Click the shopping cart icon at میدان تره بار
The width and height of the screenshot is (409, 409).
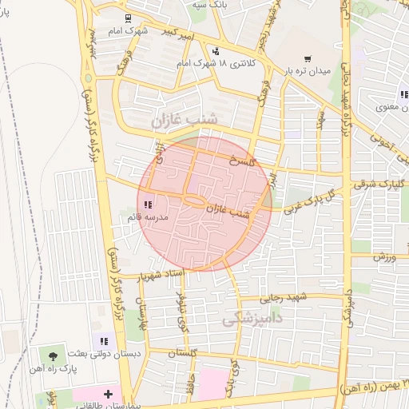coord(308,59)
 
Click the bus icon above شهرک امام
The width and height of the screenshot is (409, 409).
coord(128,18)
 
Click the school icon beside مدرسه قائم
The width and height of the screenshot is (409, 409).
coord(149,205)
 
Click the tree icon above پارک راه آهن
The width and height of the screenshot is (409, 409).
coord(54,353)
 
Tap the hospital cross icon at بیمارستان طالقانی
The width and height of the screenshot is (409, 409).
coord(109,395)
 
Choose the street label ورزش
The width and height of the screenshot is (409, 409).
coord(384,257)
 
